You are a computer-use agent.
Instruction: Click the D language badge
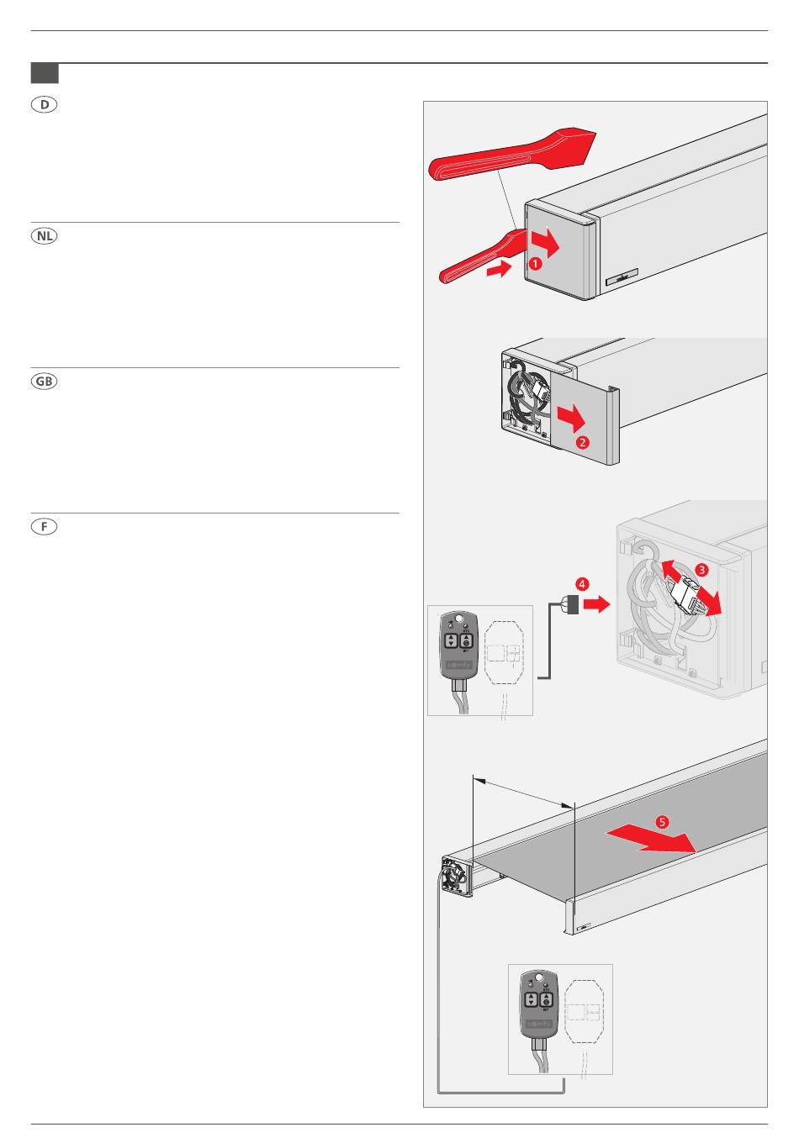(x=45, y=105)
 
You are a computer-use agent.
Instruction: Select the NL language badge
(x=45, y=236)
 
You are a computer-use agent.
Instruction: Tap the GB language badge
(x=45, y=381)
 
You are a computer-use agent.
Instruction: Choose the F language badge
(x=45, y=527)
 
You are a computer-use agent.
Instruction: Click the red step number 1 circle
(x=535, y=262)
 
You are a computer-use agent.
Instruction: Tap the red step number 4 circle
(x=582, y=583)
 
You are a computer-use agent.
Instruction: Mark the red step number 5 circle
(x=663, y=822)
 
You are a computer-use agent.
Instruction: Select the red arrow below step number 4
(x=595, y=604)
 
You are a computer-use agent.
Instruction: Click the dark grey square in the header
(x=45, y=73)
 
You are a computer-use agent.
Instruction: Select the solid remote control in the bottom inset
(x=539, y=1003)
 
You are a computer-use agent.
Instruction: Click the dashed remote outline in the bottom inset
(x=585, y=1009)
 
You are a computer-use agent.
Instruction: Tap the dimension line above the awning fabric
(x=523, y=793)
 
